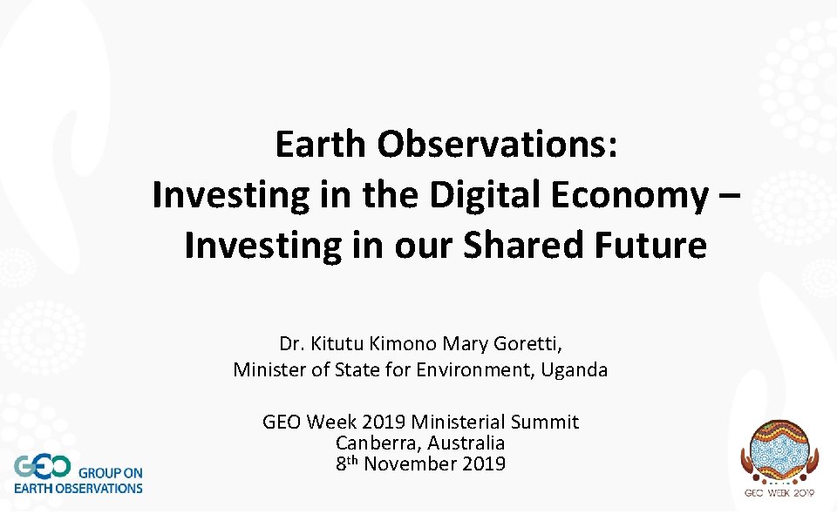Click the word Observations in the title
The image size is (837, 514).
click(498, 145)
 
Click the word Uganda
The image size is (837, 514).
click(575, 370)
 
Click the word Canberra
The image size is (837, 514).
click(371, 443)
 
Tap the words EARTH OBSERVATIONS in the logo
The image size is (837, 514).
click(78, 488)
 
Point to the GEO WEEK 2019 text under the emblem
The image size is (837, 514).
click(779, 493)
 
